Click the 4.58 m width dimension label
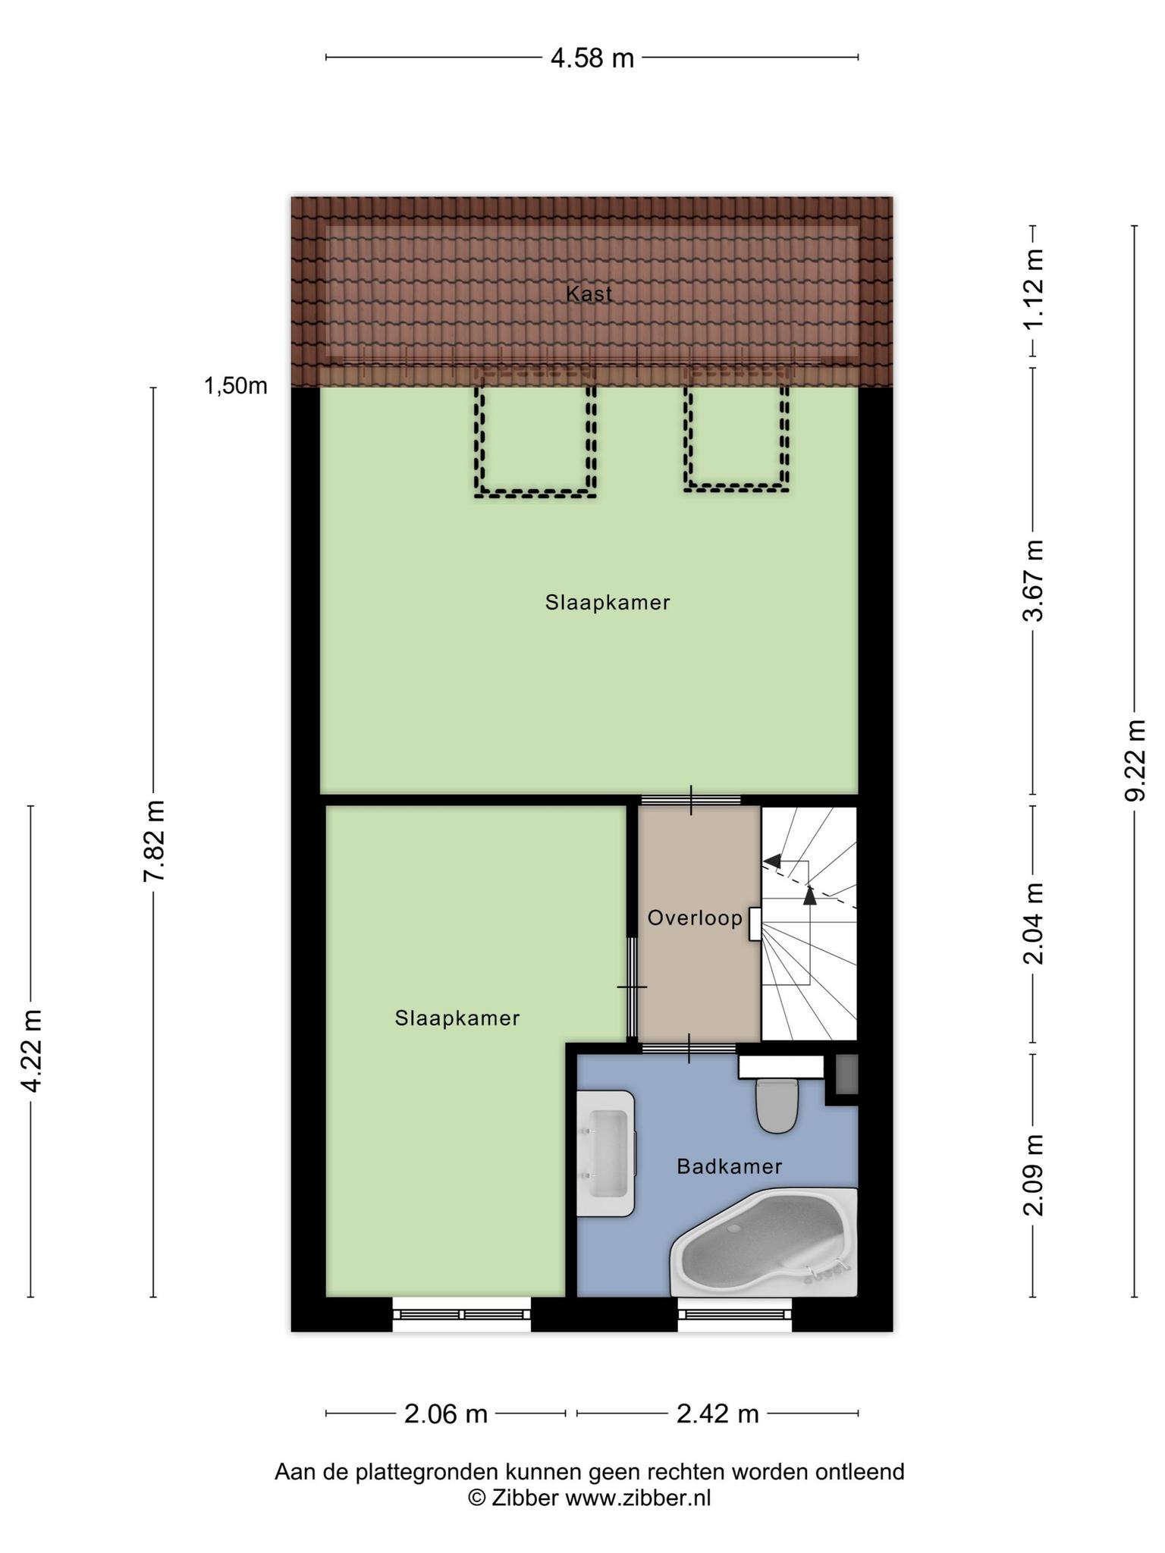592,58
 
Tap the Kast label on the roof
589,293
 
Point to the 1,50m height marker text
235,386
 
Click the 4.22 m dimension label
32,1050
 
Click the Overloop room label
695,918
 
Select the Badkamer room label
729,1166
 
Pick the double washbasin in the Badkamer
605,1153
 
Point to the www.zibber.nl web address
638,1498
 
